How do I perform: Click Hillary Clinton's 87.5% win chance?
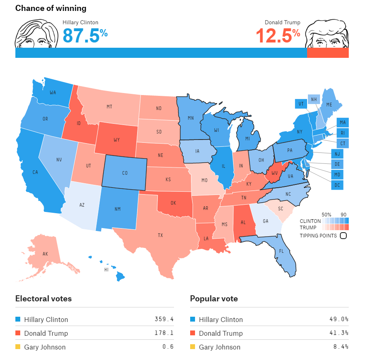click(85, 36)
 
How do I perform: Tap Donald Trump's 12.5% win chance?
click(278, 36)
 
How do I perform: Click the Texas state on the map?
click(160, 235)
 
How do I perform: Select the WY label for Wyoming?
click(117, 140)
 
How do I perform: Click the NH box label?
click(314, 99)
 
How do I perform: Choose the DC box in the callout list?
click(337, 185)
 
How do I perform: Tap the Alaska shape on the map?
click(45, 254)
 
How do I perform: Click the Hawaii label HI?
click(106, 269)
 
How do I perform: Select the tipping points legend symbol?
click(344, 235)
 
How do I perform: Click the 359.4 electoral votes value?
click(164, 319)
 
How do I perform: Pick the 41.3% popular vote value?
click(339, 333)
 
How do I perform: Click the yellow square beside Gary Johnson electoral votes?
click(18, 347)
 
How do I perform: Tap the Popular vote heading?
click(214, 299)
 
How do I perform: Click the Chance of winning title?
click(51, 8)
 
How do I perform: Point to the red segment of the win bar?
click(328, 53)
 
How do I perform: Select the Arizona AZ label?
click(82, 205)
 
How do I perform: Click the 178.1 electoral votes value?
click(164, 333)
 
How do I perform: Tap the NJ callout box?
click(337, 154)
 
